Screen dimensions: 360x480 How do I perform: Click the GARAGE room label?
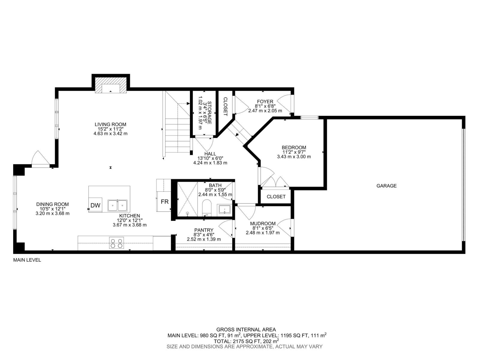click(386, 186)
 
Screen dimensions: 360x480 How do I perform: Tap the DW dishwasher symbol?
click(95, 205)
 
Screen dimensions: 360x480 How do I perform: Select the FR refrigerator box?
click(164, 202)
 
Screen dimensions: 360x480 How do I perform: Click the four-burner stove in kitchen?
click(116, 243)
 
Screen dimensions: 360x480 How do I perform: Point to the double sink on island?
click(117, 205)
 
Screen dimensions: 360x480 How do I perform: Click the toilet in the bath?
click(206, 208)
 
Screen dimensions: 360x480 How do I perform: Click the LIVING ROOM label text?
click(110, 124)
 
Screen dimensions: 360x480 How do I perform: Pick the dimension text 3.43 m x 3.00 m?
click(294, 157)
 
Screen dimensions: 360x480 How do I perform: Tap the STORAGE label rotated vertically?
click(209, 112)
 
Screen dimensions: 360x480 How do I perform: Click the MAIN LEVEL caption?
click(27, 260)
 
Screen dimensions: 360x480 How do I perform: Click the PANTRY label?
click(204, 230)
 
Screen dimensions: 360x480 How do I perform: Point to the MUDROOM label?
click(262, 223)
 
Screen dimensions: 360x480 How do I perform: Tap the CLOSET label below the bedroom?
click(276, 196)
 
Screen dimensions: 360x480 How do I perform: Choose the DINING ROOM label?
click(52, 204)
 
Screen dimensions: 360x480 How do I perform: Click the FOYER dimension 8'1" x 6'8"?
click(265, 106)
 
